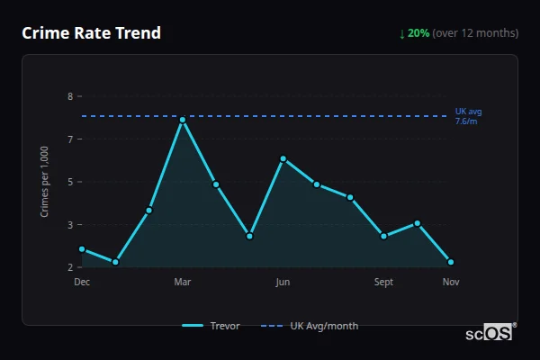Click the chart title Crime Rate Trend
point(91,33)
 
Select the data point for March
point(183,120)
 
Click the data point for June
point(283,158)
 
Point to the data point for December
point(82,249)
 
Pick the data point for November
point(451,262)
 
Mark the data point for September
point(384,236)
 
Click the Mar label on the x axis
point(183,282)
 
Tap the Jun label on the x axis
point(283,282)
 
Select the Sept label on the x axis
point(384,282)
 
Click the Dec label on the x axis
point(82,282)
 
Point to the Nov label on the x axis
point(451,282)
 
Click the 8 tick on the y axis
point(70,96)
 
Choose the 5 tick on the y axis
point(70,182)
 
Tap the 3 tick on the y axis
point(70,225)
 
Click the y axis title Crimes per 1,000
point(45,182)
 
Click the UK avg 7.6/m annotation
point(469,116)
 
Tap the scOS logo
point(491,332)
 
